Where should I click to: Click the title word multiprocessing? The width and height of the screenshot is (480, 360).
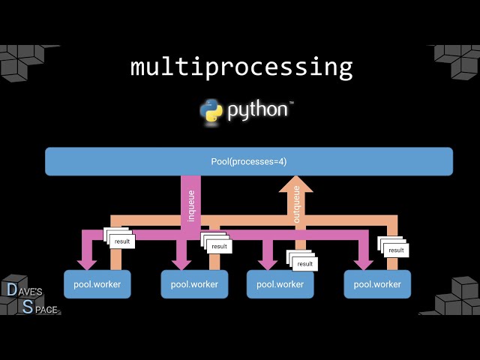pos(241,67)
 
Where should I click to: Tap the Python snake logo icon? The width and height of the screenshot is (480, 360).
pos(211,110)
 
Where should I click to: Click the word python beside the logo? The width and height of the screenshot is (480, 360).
pos(257,110)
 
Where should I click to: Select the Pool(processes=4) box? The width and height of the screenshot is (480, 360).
pos(248,161)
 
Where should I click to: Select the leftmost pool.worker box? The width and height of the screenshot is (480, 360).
pos(97,284)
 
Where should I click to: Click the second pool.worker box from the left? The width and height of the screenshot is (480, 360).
pos(194,284)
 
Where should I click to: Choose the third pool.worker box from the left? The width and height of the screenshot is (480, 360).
pos(280,284)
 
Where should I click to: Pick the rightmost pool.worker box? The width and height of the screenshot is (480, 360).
pos(377,284)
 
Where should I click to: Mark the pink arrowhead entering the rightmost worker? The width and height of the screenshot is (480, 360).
pos(364,262)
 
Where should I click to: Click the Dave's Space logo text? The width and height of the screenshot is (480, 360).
pos(31,298)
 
